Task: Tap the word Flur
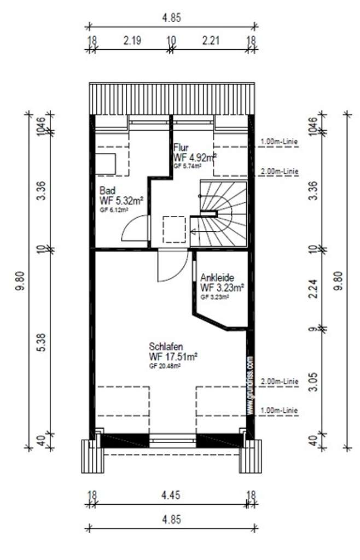coord(181,148)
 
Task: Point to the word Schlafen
coord(165,347)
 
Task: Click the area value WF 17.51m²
coord(173,357)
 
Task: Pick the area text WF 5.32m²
coord(121,201)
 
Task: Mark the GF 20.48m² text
coord(165,366)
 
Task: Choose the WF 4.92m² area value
coord(195,157)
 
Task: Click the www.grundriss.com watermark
coord(249,386)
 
